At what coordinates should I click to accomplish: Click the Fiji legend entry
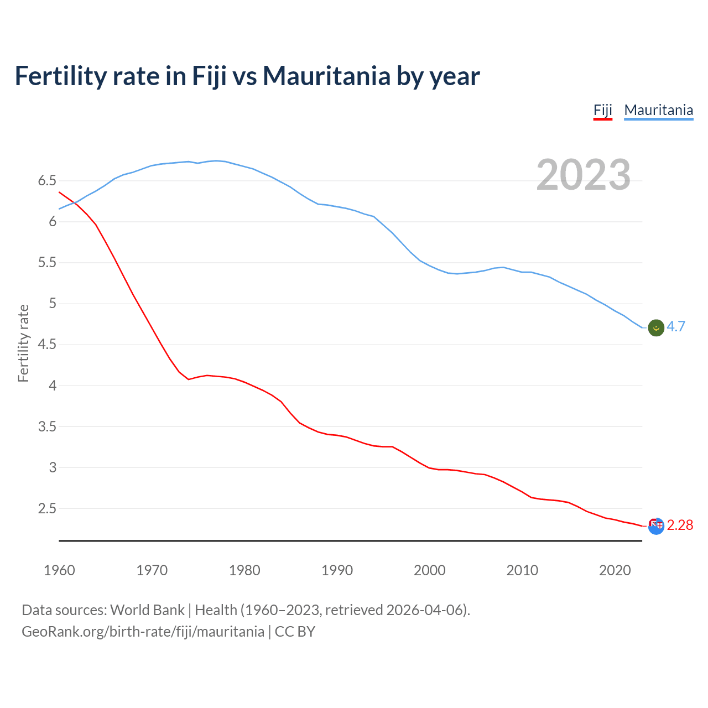(602, 110)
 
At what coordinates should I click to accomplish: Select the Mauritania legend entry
(658, 110)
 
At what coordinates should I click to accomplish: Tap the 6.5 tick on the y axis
(47, 181)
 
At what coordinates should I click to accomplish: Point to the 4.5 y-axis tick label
(47, 345)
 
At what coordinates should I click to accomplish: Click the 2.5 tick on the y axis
(47, 508)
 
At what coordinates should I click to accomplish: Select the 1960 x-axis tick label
(59, 570)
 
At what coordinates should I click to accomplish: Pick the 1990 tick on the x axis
(337, 570)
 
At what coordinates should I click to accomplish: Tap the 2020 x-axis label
(615, 570)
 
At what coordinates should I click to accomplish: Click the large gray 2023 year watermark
(583, 175)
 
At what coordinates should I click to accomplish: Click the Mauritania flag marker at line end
(655, 327)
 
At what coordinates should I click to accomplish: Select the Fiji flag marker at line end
(655, 526)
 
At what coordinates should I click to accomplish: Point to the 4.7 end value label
(676, 327)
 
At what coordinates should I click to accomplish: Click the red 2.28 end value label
(680, 525)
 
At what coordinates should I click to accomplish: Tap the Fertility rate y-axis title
(23, 343)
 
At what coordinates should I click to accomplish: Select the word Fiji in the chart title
(209, 76)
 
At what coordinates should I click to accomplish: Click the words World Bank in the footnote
(147, 610)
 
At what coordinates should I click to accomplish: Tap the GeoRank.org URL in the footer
(143, 632)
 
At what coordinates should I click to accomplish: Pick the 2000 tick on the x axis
(429, 570)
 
